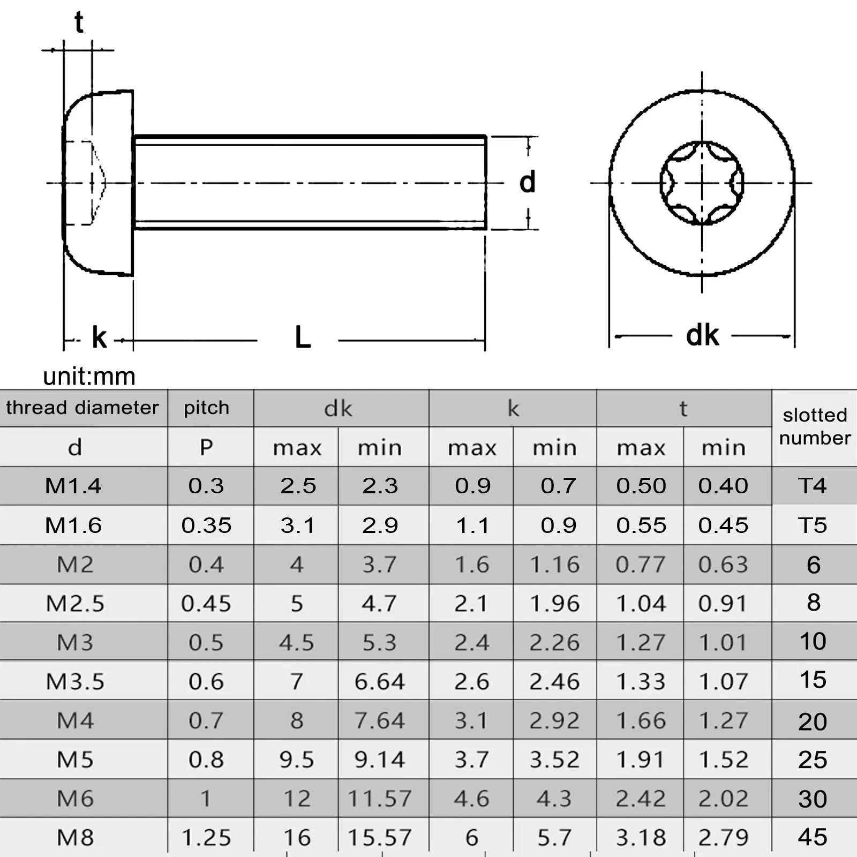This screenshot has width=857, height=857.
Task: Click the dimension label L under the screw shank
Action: [303, 338]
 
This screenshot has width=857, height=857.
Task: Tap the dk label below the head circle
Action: [702, 336]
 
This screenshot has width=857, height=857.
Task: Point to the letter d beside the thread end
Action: [527, 182]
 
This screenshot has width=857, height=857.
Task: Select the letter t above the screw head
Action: [79, 22]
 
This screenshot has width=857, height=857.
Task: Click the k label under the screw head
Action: [99, 338]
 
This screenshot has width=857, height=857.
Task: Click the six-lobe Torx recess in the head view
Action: [702, 183]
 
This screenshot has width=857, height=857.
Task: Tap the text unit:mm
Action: [89, 377]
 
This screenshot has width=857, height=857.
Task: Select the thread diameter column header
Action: [82, 408]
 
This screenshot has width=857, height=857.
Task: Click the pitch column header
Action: [206, 408]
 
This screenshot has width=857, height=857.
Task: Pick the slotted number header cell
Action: [814, 426]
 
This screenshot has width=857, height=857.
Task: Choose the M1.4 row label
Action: [73, 486]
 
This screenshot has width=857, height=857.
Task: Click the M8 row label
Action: [75, 837]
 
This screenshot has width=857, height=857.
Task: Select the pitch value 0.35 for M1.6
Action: [206, 525]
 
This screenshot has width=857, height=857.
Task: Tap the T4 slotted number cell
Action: [813, 486]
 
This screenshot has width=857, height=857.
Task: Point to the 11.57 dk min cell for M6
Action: [379, 799]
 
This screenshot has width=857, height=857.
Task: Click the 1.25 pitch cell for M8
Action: [206, 837]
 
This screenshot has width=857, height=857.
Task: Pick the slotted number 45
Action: [813, 837]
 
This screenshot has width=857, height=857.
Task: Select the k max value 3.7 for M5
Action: [471, 760]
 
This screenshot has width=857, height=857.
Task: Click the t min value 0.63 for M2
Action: [723, 565]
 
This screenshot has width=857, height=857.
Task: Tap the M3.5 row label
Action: [75, 681]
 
